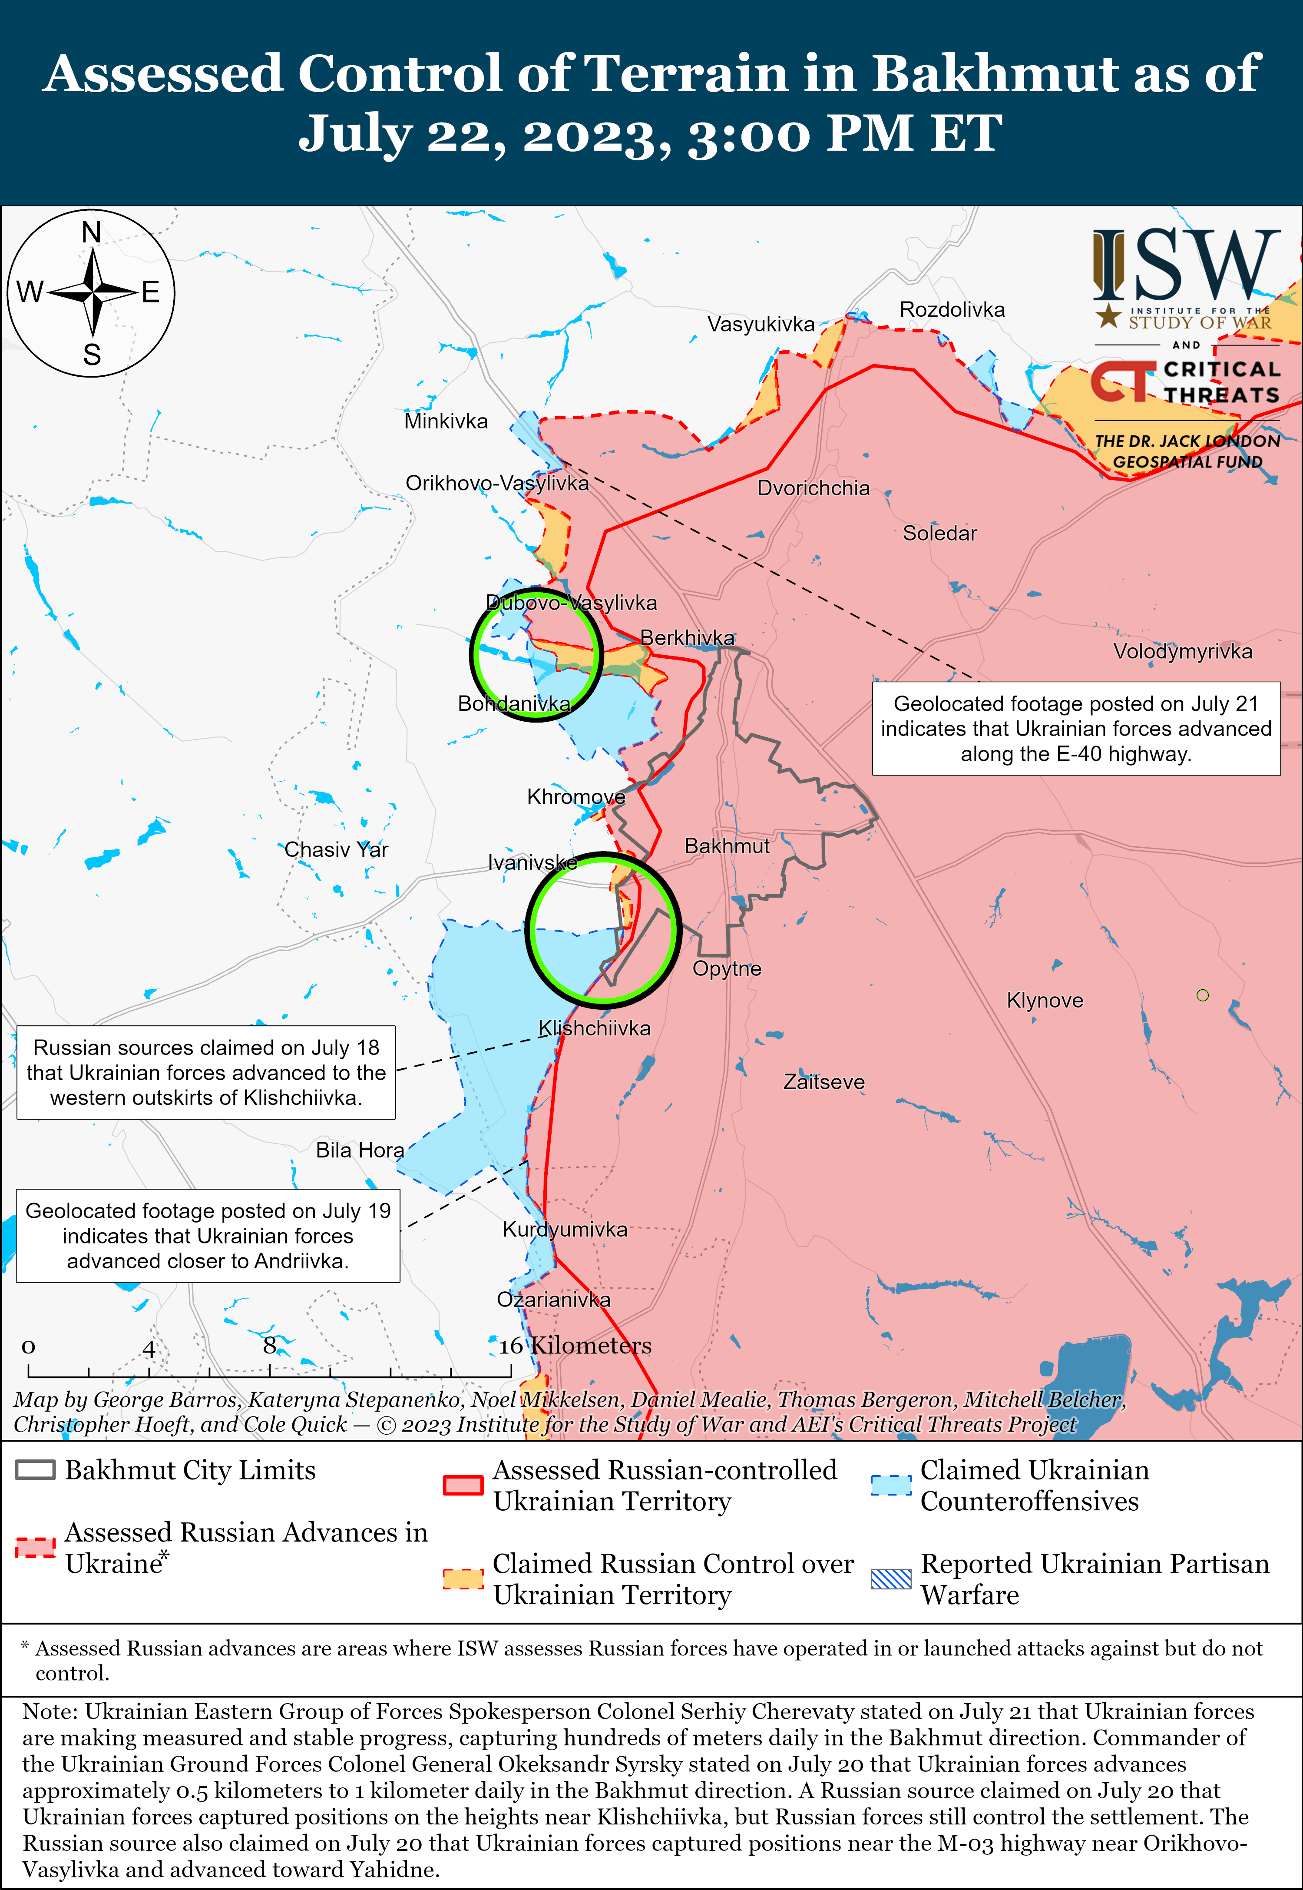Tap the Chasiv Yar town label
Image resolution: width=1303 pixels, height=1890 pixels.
point(336,849)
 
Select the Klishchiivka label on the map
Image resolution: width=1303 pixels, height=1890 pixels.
point(594,1028)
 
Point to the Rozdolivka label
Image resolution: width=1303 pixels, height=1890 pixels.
point(952,309)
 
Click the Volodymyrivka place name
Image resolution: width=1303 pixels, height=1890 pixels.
point(1182,651)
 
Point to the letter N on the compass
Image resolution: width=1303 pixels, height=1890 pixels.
point(92,233)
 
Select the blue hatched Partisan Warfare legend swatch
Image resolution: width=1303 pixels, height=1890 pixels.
point(891,1578)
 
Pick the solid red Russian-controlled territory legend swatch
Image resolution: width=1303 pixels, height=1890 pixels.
point(463,1484)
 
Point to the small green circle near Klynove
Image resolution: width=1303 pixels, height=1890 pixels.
point(1202,995)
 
